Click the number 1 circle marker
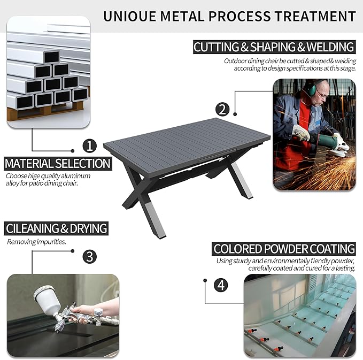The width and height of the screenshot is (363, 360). [90, 145]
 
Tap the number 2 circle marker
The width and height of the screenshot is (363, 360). [222, 109]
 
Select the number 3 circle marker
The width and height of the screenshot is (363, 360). [90, 256]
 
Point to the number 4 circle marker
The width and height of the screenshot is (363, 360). [221, 285]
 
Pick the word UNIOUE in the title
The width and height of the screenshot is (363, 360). [129, 17]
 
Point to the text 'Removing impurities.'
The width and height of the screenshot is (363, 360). [36, 242]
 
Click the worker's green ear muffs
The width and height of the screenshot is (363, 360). [310, 89]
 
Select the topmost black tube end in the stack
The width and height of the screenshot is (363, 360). [51, 57]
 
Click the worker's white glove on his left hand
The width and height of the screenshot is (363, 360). [301, 133]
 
